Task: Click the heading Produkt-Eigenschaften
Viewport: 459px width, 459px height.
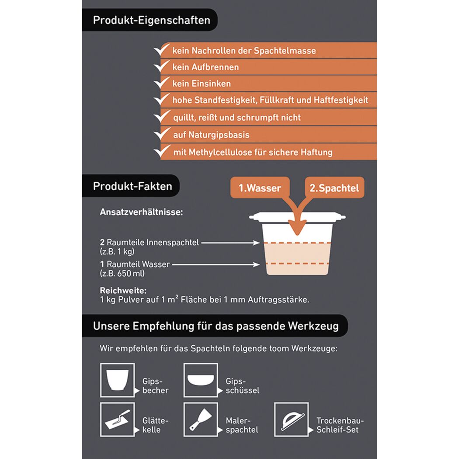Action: click(x=151, y=20)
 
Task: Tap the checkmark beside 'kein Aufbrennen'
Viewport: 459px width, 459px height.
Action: click(x=162, y=66)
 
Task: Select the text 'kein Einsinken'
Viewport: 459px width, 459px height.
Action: click(x=202, y=84)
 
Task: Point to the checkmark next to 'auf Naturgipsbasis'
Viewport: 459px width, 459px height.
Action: click(x=162, y=134)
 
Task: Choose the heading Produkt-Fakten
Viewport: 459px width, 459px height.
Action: click(x=132, y=186)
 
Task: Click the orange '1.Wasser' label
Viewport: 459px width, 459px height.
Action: click(x=260, y=188)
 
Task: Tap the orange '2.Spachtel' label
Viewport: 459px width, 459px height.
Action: click(x=334, y=188)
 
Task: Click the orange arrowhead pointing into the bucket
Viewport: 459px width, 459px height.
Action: click(x=297, y=228)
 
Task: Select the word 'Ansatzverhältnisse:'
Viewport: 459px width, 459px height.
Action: click(x=141, y=212)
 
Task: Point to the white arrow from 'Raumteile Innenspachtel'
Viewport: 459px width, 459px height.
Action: click(x=230, y=243)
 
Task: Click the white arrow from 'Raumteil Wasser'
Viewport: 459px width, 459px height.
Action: click(x=216, y=264)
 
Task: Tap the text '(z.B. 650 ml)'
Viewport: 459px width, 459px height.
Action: click(x=122, y=273)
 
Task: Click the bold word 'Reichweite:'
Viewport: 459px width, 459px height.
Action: click(x=123, y=290)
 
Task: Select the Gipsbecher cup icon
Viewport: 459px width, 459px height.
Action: click(x=118, y=380)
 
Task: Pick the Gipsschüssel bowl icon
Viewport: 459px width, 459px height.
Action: click(x=201, y=380)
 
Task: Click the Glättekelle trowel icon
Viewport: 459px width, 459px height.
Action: click(x=118, y=420)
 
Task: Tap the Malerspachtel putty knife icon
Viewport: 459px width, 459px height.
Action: click(x=201, y=420)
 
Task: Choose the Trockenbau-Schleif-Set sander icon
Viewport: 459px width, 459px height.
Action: click(x=291, y=420)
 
